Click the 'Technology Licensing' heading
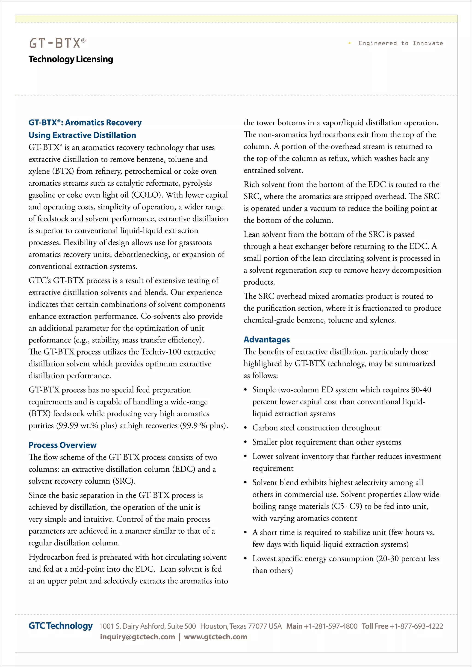(71, 59)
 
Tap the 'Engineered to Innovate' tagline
(401, 43)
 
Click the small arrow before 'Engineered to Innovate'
(349, 43)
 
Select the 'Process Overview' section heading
(62, 445)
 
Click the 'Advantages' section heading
(266, 339)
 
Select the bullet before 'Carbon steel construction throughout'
(246, 428)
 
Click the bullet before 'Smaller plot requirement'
(246, 442)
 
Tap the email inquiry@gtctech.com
(137, 637)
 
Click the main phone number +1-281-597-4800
(330, 626)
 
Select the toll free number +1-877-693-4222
(416, 626)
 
